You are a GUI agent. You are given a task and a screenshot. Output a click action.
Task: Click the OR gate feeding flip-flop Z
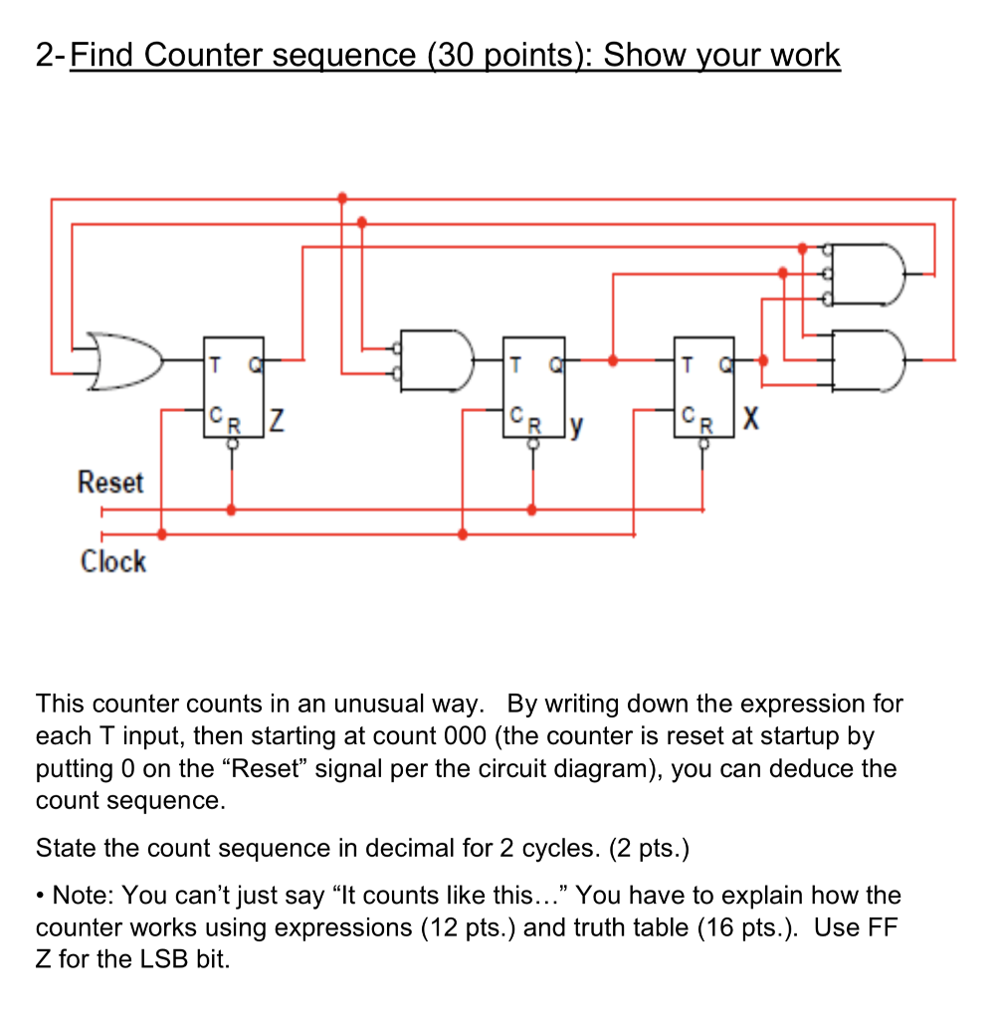pyautogui.click(x=124, y=360)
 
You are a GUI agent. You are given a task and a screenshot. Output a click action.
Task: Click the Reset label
pyautogui.click(x=110, y=483)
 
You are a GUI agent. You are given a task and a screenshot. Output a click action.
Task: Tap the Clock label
pyautogui.click(x=112, y=561)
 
